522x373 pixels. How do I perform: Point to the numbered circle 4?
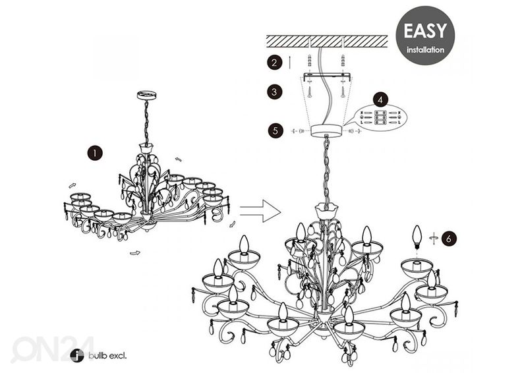pyautogui.click(x=380, y=100)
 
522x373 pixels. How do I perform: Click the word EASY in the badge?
pyautogui.click(x=425, y=31)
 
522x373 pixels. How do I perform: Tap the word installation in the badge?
pyautogui.click(x=425, y=49)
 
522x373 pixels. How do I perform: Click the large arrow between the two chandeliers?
pyautogui.click(x=259, y=212)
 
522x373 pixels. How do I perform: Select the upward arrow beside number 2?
pyautogui.click(x=291, y=63)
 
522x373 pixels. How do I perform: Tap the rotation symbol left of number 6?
pyautogui.click(x=433, y=237)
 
